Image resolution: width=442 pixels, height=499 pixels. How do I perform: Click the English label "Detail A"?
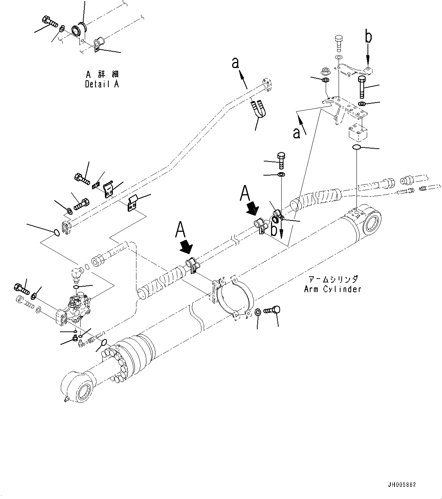click(x=102, y=84)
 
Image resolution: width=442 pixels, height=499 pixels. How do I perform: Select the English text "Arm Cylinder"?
click(x=332, y=289)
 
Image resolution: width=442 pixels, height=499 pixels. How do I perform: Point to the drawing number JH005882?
click(x=402, y=485)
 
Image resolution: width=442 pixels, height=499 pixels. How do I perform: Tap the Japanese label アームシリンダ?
click(x=332, y=280)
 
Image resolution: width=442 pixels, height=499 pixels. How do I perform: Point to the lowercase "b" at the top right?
click(x=368, y=37)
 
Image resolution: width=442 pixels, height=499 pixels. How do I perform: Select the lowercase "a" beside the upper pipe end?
click(x=236, y=63)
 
